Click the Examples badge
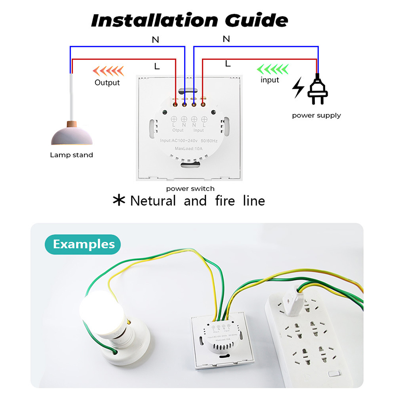[83, 244]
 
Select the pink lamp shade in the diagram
[72, 134]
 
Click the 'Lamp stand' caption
[71, 155]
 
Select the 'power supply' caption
[316, 115]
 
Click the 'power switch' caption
[190, 189]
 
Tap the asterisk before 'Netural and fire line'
[119, 200]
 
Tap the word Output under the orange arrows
[107, 82]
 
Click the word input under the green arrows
[270, 80]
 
